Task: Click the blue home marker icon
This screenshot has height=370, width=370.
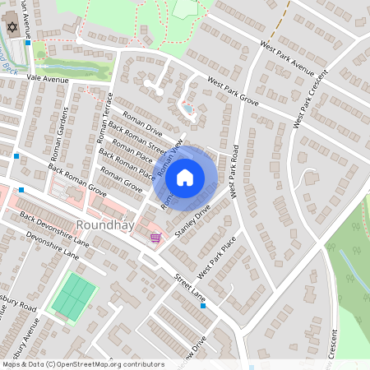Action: click(185, 177)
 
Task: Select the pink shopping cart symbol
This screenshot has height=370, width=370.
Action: click(155, 238)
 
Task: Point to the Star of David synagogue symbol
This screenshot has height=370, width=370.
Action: click(12, 28)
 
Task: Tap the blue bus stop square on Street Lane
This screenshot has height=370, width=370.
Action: click(203, 306)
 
